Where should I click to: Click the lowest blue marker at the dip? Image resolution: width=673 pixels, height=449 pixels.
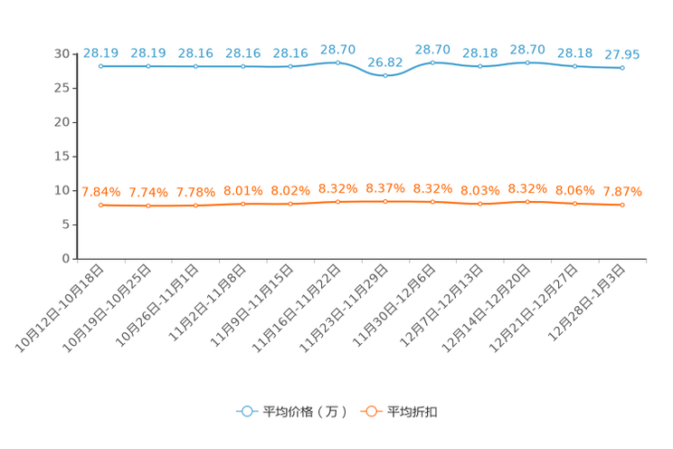[385, 76]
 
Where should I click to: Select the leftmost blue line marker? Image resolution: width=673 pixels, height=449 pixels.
[100, 66]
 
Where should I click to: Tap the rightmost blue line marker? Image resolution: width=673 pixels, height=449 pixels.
[622, 67]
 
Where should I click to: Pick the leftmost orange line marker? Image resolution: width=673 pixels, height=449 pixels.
[100, 205]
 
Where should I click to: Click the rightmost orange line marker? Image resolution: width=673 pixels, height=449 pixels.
[622, 205]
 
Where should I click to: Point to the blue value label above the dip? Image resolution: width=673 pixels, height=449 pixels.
[385, 62]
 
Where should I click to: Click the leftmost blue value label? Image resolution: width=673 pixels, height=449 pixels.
[100, 53]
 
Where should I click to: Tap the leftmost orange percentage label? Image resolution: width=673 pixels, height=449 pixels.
[100, 192]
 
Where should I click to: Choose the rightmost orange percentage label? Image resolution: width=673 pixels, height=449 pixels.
[622, 192]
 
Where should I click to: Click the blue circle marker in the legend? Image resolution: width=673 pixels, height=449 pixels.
[246, 412]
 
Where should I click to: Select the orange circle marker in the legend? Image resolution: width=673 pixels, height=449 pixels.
[370, 412]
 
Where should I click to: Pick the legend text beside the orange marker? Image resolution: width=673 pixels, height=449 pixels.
[412, 412]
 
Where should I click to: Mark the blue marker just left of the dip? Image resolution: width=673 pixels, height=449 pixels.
[337, 62]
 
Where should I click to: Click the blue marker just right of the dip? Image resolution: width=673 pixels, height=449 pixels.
[432, 63]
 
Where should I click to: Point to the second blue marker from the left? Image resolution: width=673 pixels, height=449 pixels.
[147, 66]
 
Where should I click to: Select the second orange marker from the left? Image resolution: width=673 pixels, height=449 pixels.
[147, 205]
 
